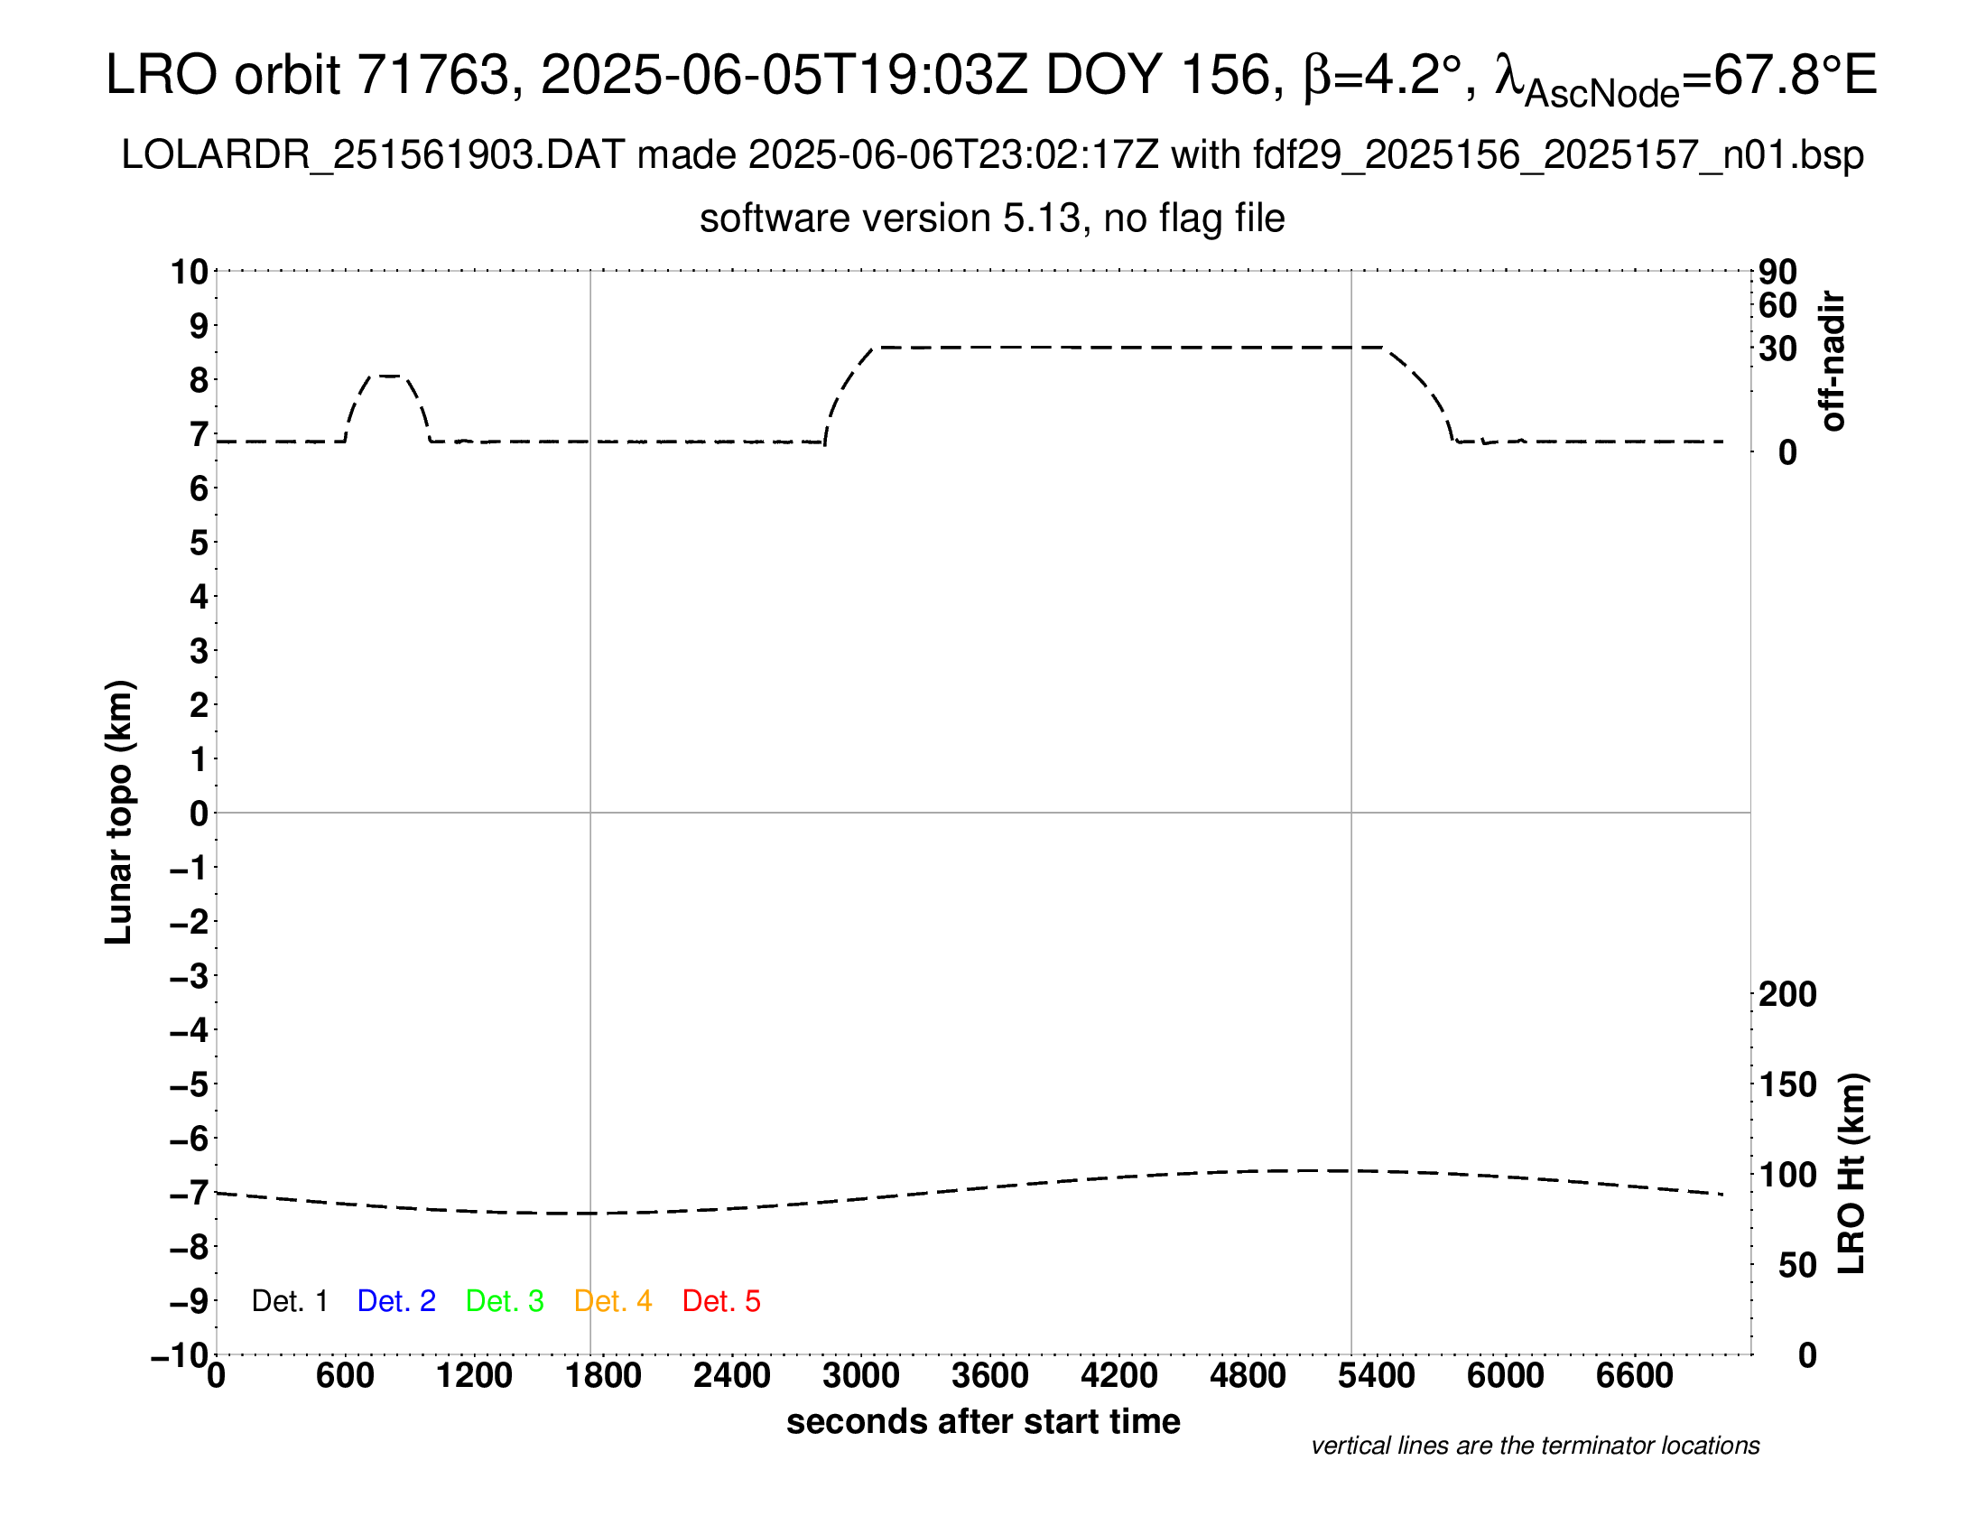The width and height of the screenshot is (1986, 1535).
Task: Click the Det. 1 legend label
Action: [289, 1301]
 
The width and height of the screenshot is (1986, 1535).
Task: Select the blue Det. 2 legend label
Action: [396, 1301]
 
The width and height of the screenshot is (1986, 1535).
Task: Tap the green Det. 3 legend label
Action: [505, 1301]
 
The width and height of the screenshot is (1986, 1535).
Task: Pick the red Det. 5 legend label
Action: [721, 1301]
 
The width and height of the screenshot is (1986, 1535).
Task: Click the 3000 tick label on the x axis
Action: [860, 1376]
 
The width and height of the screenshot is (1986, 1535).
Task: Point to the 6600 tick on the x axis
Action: [1634, 1376]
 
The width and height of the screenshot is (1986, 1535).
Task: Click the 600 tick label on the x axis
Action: [345, 1376]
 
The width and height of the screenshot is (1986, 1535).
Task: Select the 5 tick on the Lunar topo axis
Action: [200, 543]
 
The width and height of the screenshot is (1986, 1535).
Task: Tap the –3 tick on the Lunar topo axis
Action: [190, 977]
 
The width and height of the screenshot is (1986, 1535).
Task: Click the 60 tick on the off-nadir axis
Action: [1777, 305]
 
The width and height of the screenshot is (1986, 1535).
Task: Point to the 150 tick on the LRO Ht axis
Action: [1787, 1084]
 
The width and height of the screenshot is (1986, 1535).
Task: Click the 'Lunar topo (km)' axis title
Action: [119, 812]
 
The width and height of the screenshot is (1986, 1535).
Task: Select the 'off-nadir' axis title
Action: [1833, 361]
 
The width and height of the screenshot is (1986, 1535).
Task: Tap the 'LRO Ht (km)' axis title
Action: [1851, 1174]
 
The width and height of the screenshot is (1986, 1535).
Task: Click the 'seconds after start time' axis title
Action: [983, 1421]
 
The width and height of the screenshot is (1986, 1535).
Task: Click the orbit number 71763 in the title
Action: [432, 75]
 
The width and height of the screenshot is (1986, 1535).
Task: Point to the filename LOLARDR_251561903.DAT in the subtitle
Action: [373, 155]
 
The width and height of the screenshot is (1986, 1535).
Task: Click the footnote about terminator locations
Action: [1535, 1446]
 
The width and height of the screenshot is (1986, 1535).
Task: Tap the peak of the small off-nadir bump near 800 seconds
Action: [389, 376]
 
